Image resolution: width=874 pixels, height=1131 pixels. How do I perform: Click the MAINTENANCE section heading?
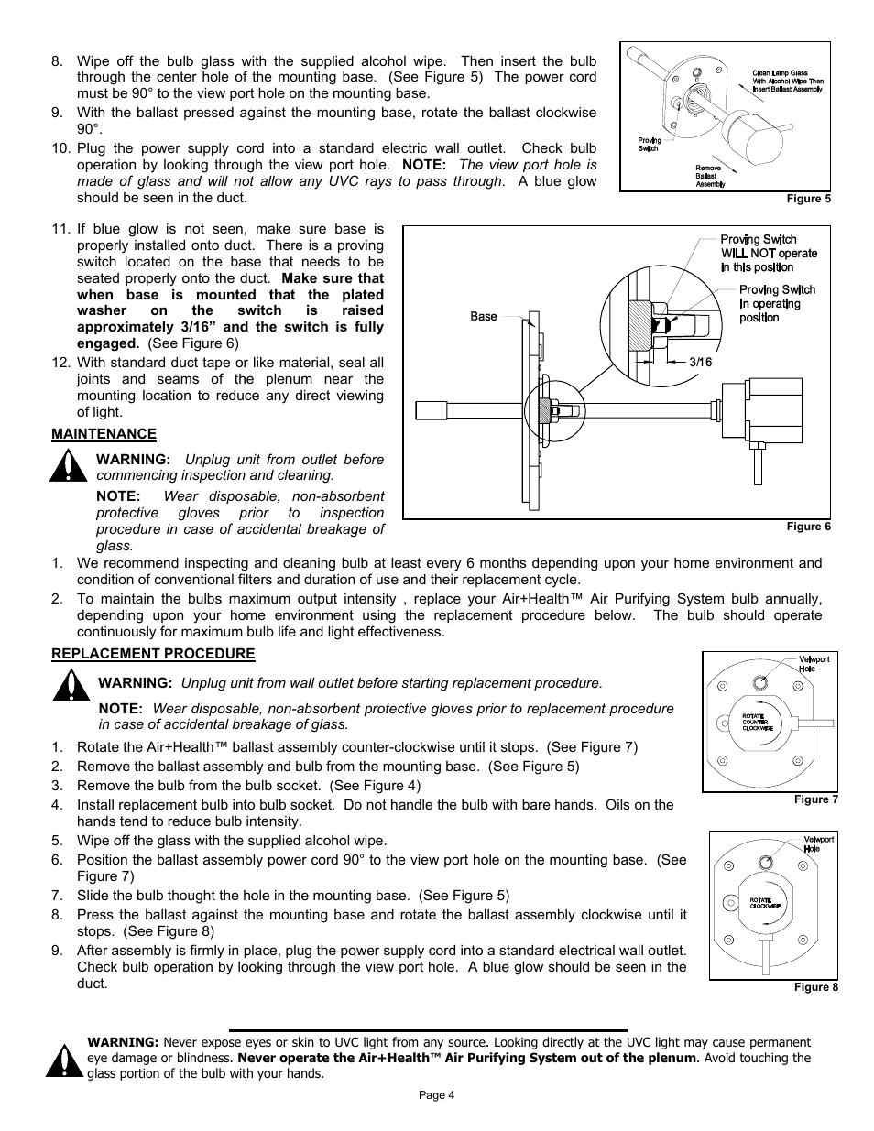(104, 434)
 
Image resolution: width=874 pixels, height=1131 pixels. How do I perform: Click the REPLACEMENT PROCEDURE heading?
(153, 654)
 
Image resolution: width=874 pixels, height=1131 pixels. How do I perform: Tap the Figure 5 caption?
(809, 199)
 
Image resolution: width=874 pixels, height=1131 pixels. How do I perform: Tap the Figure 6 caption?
(809, 527)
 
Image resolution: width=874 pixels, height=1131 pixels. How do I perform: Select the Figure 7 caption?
(815, 799)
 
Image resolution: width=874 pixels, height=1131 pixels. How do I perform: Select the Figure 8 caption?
(815, 987)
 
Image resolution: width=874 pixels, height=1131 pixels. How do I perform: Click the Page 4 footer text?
(436, 1095)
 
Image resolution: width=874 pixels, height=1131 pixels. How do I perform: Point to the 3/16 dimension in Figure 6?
(700, 362)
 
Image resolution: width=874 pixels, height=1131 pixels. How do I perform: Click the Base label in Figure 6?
(484, 317)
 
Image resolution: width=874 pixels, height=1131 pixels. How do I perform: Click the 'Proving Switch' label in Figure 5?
(650, 145)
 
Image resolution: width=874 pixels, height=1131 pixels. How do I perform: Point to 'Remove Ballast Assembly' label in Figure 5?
(709, 176)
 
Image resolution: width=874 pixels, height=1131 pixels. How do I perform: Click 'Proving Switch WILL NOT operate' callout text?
(768, 254)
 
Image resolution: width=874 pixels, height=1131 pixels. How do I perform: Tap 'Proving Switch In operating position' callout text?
(776, 303)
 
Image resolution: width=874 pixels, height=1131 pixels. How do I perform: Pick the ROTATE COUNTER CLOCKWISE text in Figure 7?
(757, 722)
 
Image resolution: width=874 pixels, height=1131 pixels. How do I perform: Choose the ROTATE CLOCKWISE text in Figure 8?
(765, 903)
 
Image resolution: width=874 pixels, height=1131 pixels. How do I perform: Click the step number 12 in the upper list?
(61, 363)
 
